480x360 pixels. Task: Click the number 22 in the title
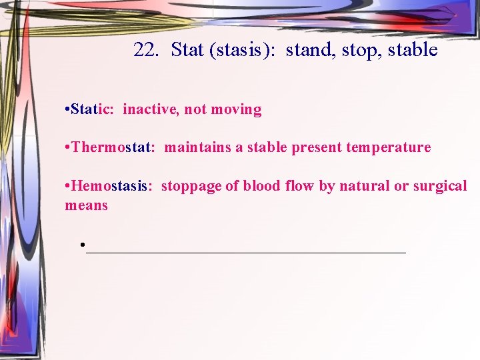point(145,50)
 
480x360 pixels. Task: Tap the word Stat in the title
point(187,50)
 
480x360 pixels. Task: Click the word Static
point(93,109)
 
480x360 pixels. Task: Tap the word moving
point(236,109)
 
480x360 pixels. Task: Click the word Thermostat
point(113,147)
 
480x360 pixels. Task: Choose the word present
point(317,147)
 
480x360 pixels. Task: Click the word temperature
point(389,147)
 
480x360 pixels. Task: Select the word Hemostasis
point(111,186)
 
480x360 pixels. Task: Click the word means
point(86,205)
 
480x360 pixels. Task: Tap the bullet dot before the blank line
point(82,245)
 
